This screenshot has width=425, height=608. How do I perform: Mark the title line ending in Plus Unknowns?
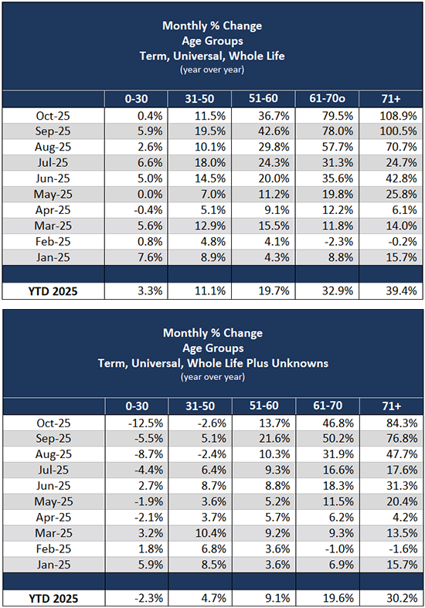click(x=212, y=362)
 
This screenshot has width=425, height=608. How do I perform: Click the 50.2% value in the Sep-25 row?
click(x=331, y=436)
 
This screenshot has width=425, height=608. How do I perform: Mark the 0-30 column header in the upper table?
click(x=141, y=99)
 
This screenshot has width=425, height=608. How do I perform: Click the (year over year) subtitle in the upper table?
click(x=212, y=70)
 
